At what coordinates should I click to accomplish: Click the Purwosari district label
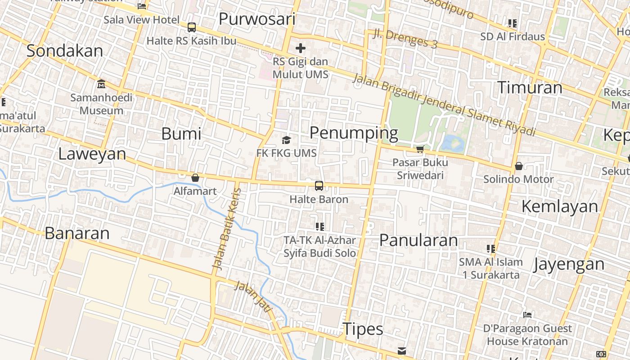257,19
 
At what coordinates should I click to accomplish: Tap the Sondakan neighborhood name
65,51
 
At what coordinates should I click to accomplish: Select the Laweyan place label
92,154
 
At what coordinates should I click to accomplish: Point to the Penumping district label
354,133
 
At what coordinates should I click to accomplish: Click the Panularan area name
418,240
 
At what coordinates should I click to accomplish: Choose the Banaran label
77,233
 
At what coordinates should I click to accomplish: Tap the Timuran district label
530,87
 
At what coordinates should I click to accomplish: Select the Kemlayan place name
560,206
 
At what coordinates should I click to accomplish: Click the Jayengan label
569,264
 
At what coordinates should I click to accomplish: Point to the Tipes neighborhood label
363,329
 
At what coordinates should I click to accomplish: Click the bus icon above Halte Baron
319,185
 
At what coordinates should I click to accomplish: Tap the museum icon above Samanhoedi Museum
101,84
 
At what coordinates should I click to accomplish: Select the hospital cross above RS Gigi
301,48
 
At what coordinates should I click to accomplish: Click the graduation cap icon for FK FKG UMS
286,140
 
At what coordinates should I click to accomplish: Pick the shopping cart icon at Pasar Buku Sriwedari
420,149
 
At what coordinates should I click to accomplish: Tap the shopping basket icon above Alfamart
195,178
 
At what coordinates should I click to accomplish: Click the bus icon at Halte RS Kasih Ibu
192,27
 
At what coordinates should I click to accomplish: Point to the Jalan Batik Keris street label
227,229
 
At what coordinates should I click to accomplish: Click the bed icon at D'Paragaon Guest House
527,315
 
